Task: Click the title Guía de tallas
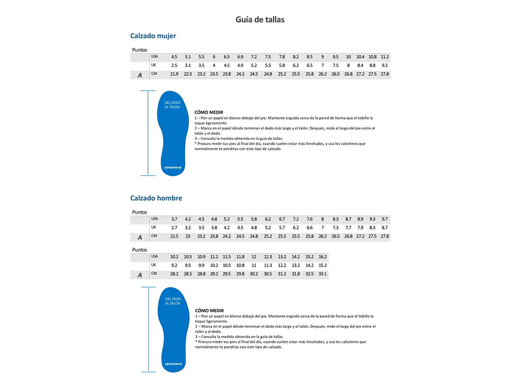260,20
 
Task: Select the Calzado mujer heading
153,36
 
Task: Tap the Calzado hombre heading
156,198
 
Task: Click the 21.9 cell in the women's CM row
174,74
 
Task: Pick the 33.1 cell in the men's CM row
322,274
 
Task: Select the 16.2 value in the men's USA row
322,257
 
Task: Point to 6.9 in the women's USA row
240,57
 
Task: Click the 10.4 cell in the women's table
360,57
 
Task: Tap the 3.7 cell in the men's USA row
174,219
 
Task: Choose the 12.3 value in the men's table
268,257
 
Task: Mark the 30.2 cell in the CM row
254,274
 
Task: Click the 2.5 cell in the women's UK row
174,66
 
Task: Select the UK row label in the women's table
154,65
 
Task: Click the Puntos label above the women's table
140,50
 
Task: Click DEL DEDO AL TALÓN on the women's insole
172,105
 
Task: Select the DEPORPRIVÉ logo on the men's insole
173,364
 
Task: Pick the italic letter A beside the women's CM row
140,75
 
